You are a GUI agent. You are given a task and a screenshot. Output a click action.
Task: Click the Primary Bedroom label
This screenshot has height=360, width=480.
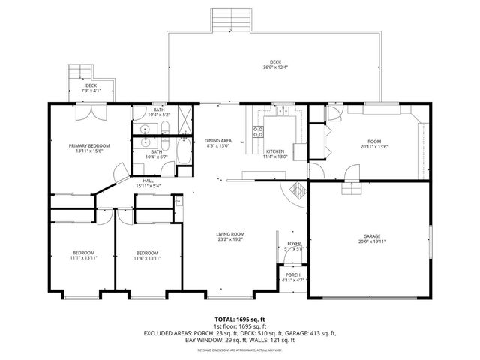pos(89,145)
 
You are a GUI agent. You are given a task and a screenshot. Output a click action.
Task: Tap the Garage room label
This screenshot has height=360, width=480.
pos(372,236)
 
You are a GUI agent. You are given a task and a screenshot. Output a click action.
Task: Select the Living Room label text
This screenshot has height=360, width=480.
pos(231,234)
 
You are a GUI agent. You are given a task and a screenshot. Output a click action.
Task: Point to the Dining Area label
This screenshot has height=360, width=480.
pos(217,141)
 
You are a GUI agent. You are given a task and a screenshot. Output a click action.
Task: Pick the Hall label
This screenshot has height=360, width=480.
pos(148,180)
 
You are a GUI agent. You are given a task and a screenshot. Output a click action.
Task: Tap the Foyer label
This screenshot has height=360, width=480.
pos(293,244)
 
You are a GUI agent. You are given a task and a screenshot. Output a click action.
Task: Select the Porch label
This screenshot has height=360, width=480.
pos(293,274)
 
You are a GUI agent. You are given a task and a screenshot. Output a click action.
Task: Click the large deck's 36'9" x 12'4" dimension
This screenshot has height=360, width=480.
pos(275,67)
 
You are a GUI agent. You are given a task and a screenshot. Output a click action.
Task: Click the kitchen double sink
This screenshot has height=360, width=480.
pos(282,112)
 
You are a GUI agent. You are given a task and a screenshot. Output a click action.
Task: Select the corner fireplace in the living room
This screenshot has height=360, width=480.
pos(296,190)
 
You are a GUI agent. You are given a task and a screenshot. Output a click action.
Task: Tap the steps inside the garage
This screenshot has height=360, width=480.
pos(350,190)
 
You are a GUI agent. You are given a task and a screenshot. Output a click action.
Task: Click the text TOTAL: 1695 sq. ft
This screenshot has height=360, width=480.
pos(241,319)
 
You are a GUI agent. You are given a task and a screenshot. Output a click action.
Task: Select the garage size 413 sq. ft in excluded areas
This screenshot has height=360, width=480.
pos(321,333)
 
